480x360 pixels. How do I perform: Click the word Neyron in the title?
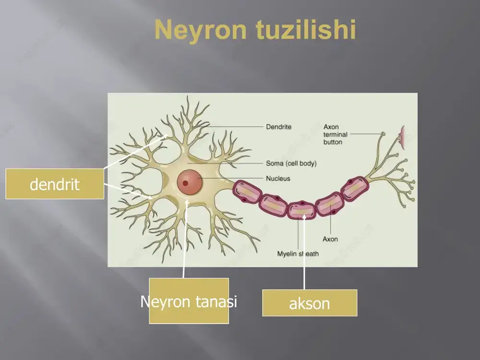[201, 30]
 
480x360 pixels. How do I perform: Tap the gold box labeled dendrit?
[55, 184]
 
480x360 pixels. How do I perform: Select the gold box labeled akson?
[310, 303]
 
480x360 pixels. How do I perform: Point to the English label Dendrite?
[278, 127]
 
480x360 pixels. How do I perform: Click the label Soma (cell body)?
[291, 164]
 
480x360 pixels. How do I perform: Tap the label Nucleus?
[278, 179]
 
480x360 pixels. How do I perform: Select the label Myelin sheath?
[298, 254]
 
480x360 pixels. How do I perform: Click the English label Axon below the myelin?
[330, 239]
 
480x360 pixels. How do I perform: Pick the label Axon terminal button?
[335, 134]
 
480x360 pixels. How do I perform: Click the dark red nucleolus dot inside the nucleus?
[185, 183]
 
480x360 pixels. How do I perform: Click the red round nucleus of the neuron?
[190, 182]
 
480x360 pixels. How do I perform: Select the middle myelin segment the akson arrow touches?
[302, 210]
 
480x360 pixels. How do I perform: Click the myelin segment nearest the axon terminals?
[355, 189]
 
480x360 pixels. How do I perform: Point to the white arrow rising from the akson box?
[304, 252]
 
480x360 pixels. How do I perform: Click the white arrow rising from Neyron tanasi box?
[185, 239]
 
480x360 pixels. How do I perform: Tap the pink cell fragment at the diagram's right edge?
[402, 135]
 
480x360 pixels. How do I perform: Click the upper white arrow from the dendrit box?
[136, 152]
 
